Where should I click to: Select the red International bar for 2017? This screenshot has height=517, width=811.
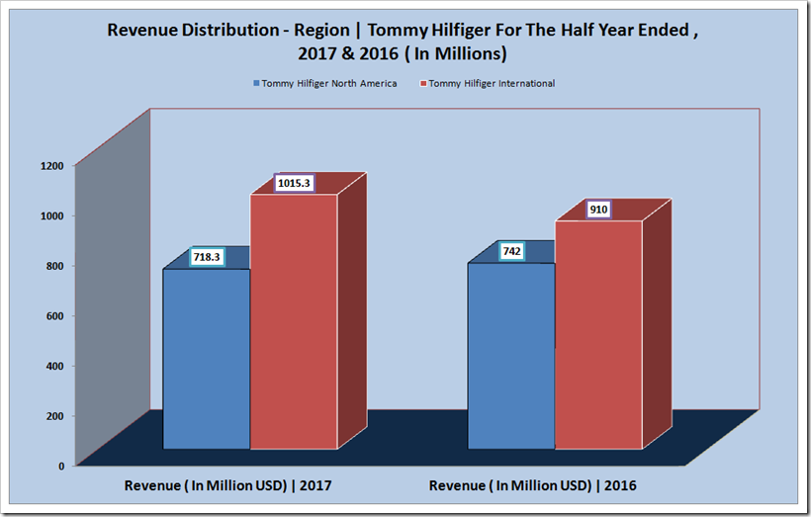[293, 321]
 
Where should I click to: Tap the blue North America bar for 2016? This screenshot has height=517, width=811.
[510, 356]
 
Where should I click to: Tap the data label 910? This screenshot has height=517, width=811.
[597, 210]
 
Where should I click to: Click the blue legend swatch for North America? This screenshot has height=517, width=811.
[257, 84]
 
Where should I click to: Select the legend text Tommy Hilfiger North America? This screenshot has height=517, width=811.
[329, 84]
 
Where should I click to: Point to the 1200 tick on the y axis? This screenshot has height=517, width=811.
[53, 165]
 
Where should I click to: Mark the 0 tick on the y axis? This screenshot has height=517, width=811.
[61, 465]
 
